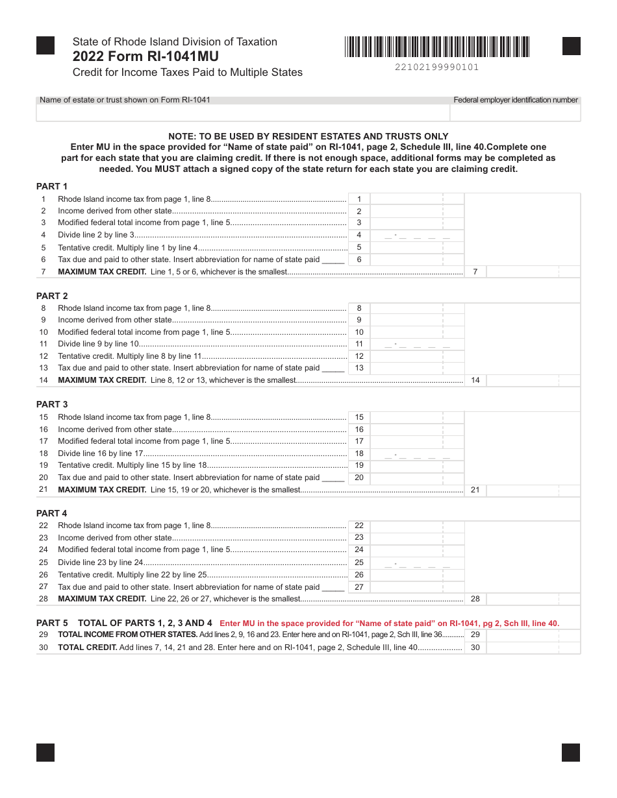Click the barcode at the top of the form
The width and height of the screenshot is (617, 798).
coord(437,47)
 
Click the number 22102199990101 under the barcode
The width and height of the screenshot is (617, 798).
coord(436,67)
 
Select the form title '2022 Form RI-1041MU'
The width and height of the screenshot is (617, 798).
coord(145,56)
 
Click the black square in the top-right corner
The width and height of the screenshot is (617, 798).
coord(571,46)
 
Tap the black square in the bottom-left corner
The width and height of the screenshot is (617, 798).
coord(45,752)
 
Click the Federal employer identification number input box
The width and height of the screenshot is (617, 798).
coord(515,113)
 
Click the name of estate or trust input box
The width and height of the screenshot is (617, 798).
coord(243,113)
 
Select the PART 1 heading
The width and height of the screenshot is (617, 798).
coord(52,186)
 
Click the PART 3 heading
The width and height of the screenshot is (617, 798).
coord(52,404)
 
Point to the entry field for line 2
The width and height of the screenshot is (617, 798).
coord(416,211)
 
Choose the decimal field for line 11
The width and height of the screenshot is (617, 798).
coord(416,344)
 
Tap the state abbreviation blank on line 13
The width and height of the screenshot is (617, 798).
coord(333,369)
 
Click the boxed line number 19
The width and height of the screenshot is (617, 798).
coord(359,465)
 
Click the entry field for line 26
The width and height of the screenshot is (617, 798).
coord(416,575)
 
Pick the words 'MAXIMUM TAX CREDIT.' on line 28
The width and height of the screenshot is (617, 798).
coord(102,599)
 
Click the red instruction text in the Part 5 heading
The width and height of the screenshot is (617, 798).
coord(389,623)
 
